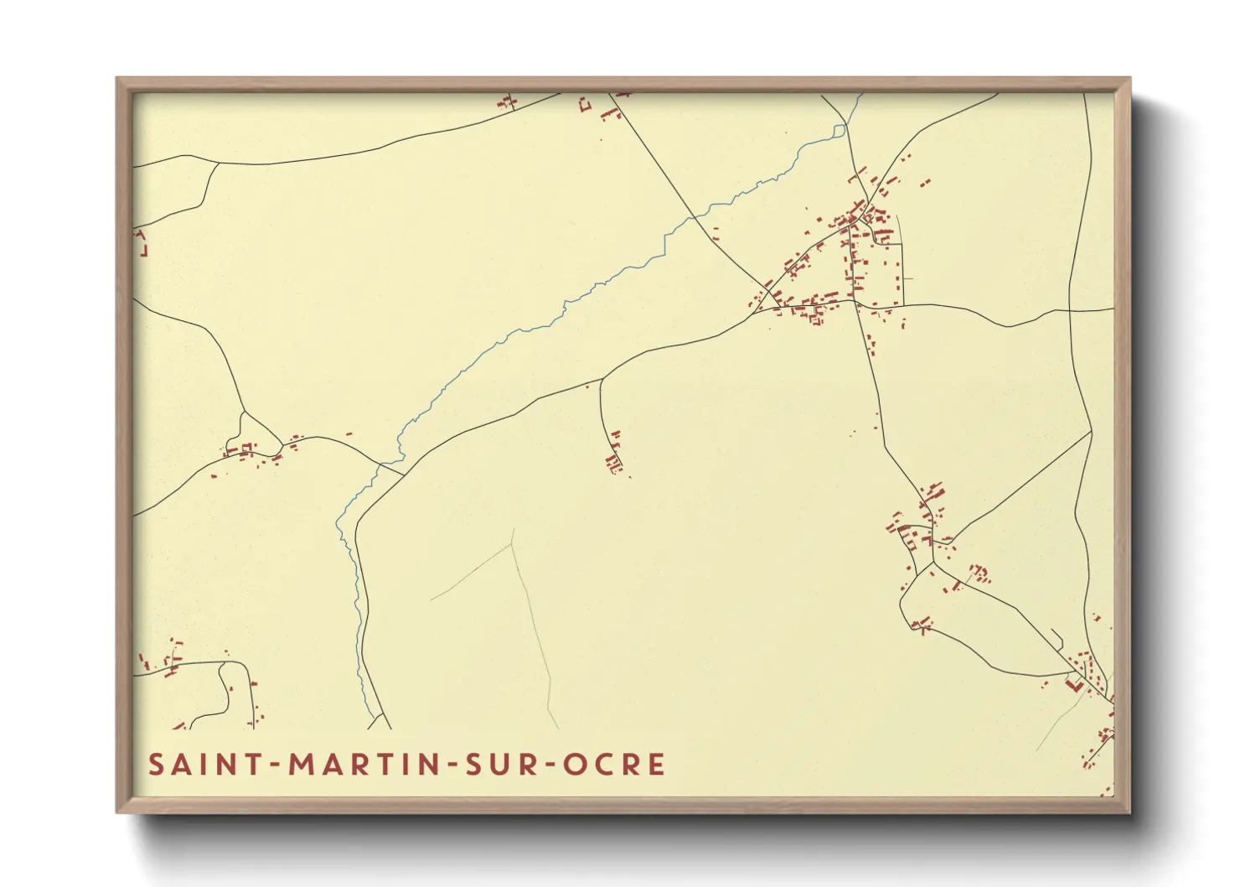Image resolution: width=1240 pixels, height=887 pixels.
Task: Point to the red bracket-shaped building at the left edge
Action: click(x=142, y=244)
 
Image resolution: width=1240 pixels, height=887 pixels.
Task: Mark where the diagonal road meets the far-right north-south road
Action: click(x=1092, y=431)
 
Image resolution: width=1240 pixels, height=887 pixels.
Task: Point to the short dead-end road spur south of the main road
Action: click(x=602, y=411)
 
